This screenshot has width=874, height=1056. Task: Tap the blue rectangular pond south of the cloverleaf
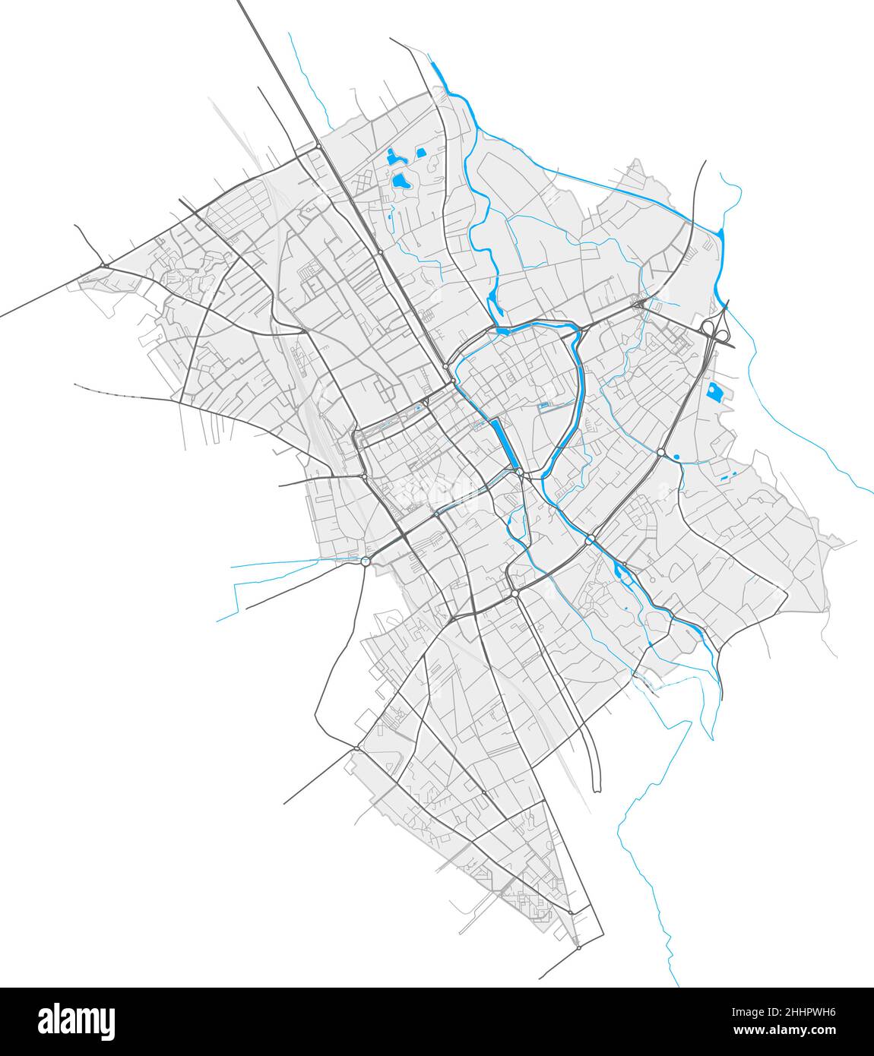[x=715, y=392]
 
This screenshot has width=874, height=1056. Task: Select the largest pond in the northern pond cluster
[x=399, y=182]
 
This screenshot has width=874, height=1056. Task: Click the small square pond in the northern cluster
[x=420, y=151]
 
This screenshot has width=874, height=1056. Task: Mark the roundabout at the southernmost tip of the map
[x=578, y=948]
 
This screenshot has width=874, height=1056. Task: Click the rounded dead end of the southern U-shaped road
[x=596, y=786]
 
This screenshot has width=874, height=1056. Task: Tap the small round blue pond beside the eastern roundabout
[x=674, y=457]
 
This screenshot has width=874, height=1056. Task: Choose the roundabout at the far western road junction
[x=103, y=265]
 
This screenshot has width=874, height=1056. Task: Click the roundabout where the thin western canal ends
[x=366, y=561]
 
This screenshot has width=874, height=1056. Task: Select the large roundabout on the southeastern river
[x=590, y=540]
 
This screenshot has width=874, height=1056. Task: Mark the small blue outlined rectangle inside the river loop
[x=544, y=407]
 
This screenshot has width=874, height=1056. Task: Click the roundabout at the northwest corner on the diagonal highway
[x=318, y=146]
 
